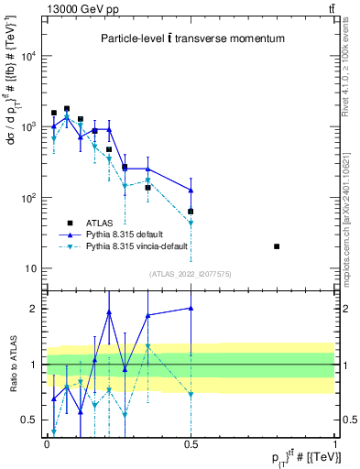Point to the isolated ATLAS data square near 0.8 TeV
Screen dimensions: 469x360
(x=278, y=246)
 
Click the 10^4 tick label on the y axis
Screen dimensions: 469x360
(x=29, y=56)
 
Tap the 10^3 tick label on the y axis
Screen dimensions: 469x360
(x=29, y=126)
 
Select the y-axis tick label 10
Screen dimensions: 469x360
(x=32, y=268)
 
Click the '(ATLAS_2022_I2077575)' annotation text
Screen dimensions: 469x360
(x=191, y=274)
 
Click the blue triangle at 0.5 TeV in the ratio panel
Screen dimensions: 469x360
(x=191, y=308)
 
